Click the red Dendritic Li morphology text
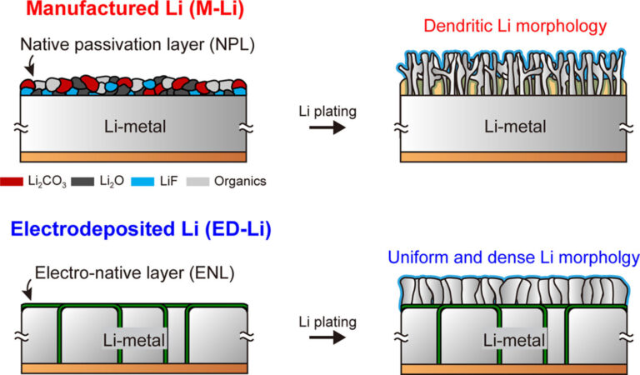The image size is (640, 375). click(x=514, y=27)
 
